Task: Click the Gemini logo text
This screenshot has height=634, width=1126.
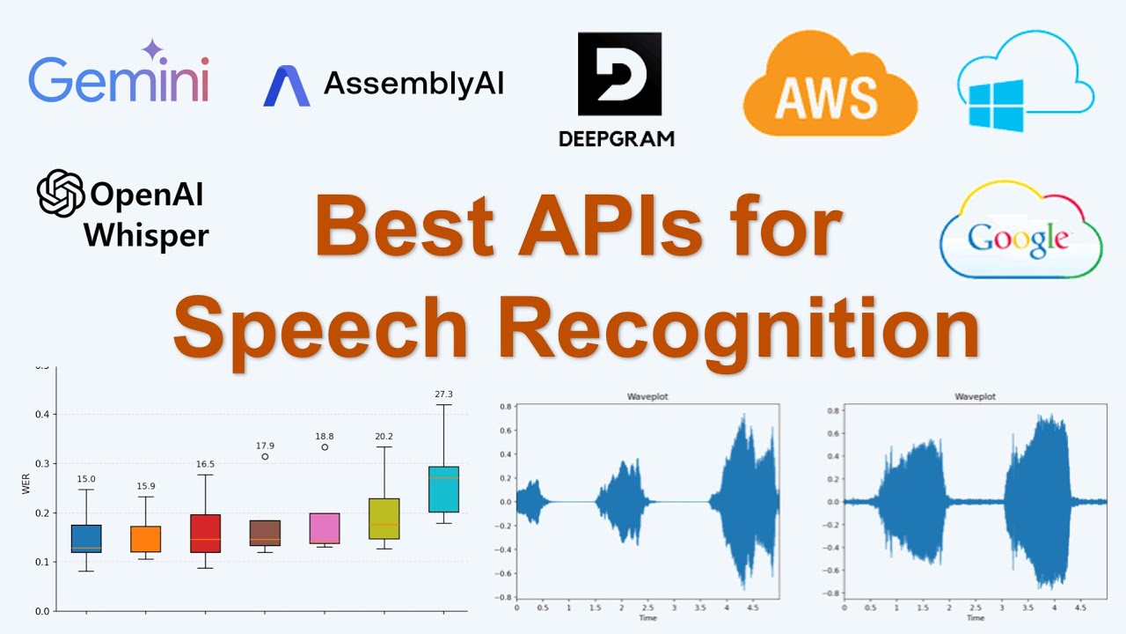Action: click(119, 81)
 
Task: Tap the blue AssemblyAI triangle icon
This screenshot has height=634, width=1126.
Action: click(286, 85)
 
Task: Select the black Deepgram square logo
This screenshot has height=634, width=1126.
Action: click(618, 74)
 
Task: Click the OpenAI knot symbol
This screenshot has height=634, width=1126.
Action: click(61, 193)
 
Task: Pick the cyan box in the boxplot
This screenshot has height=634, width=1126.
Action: click(443, 489)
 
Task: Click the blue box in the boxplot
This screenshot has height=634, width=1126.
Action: click(86, 538)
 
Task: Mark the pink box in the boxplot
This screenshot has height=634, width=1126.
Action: click(325, 527)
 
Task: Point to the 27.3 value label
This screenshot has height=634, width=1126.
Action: click(443, 394)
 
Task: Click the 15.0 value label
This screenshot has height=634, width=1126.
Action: click(86, 479)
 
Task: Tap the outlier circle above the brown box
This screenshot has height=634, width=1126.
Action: click(265, 456)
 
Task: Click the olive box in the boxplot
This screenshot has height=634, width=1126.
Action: click(384, 519)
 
